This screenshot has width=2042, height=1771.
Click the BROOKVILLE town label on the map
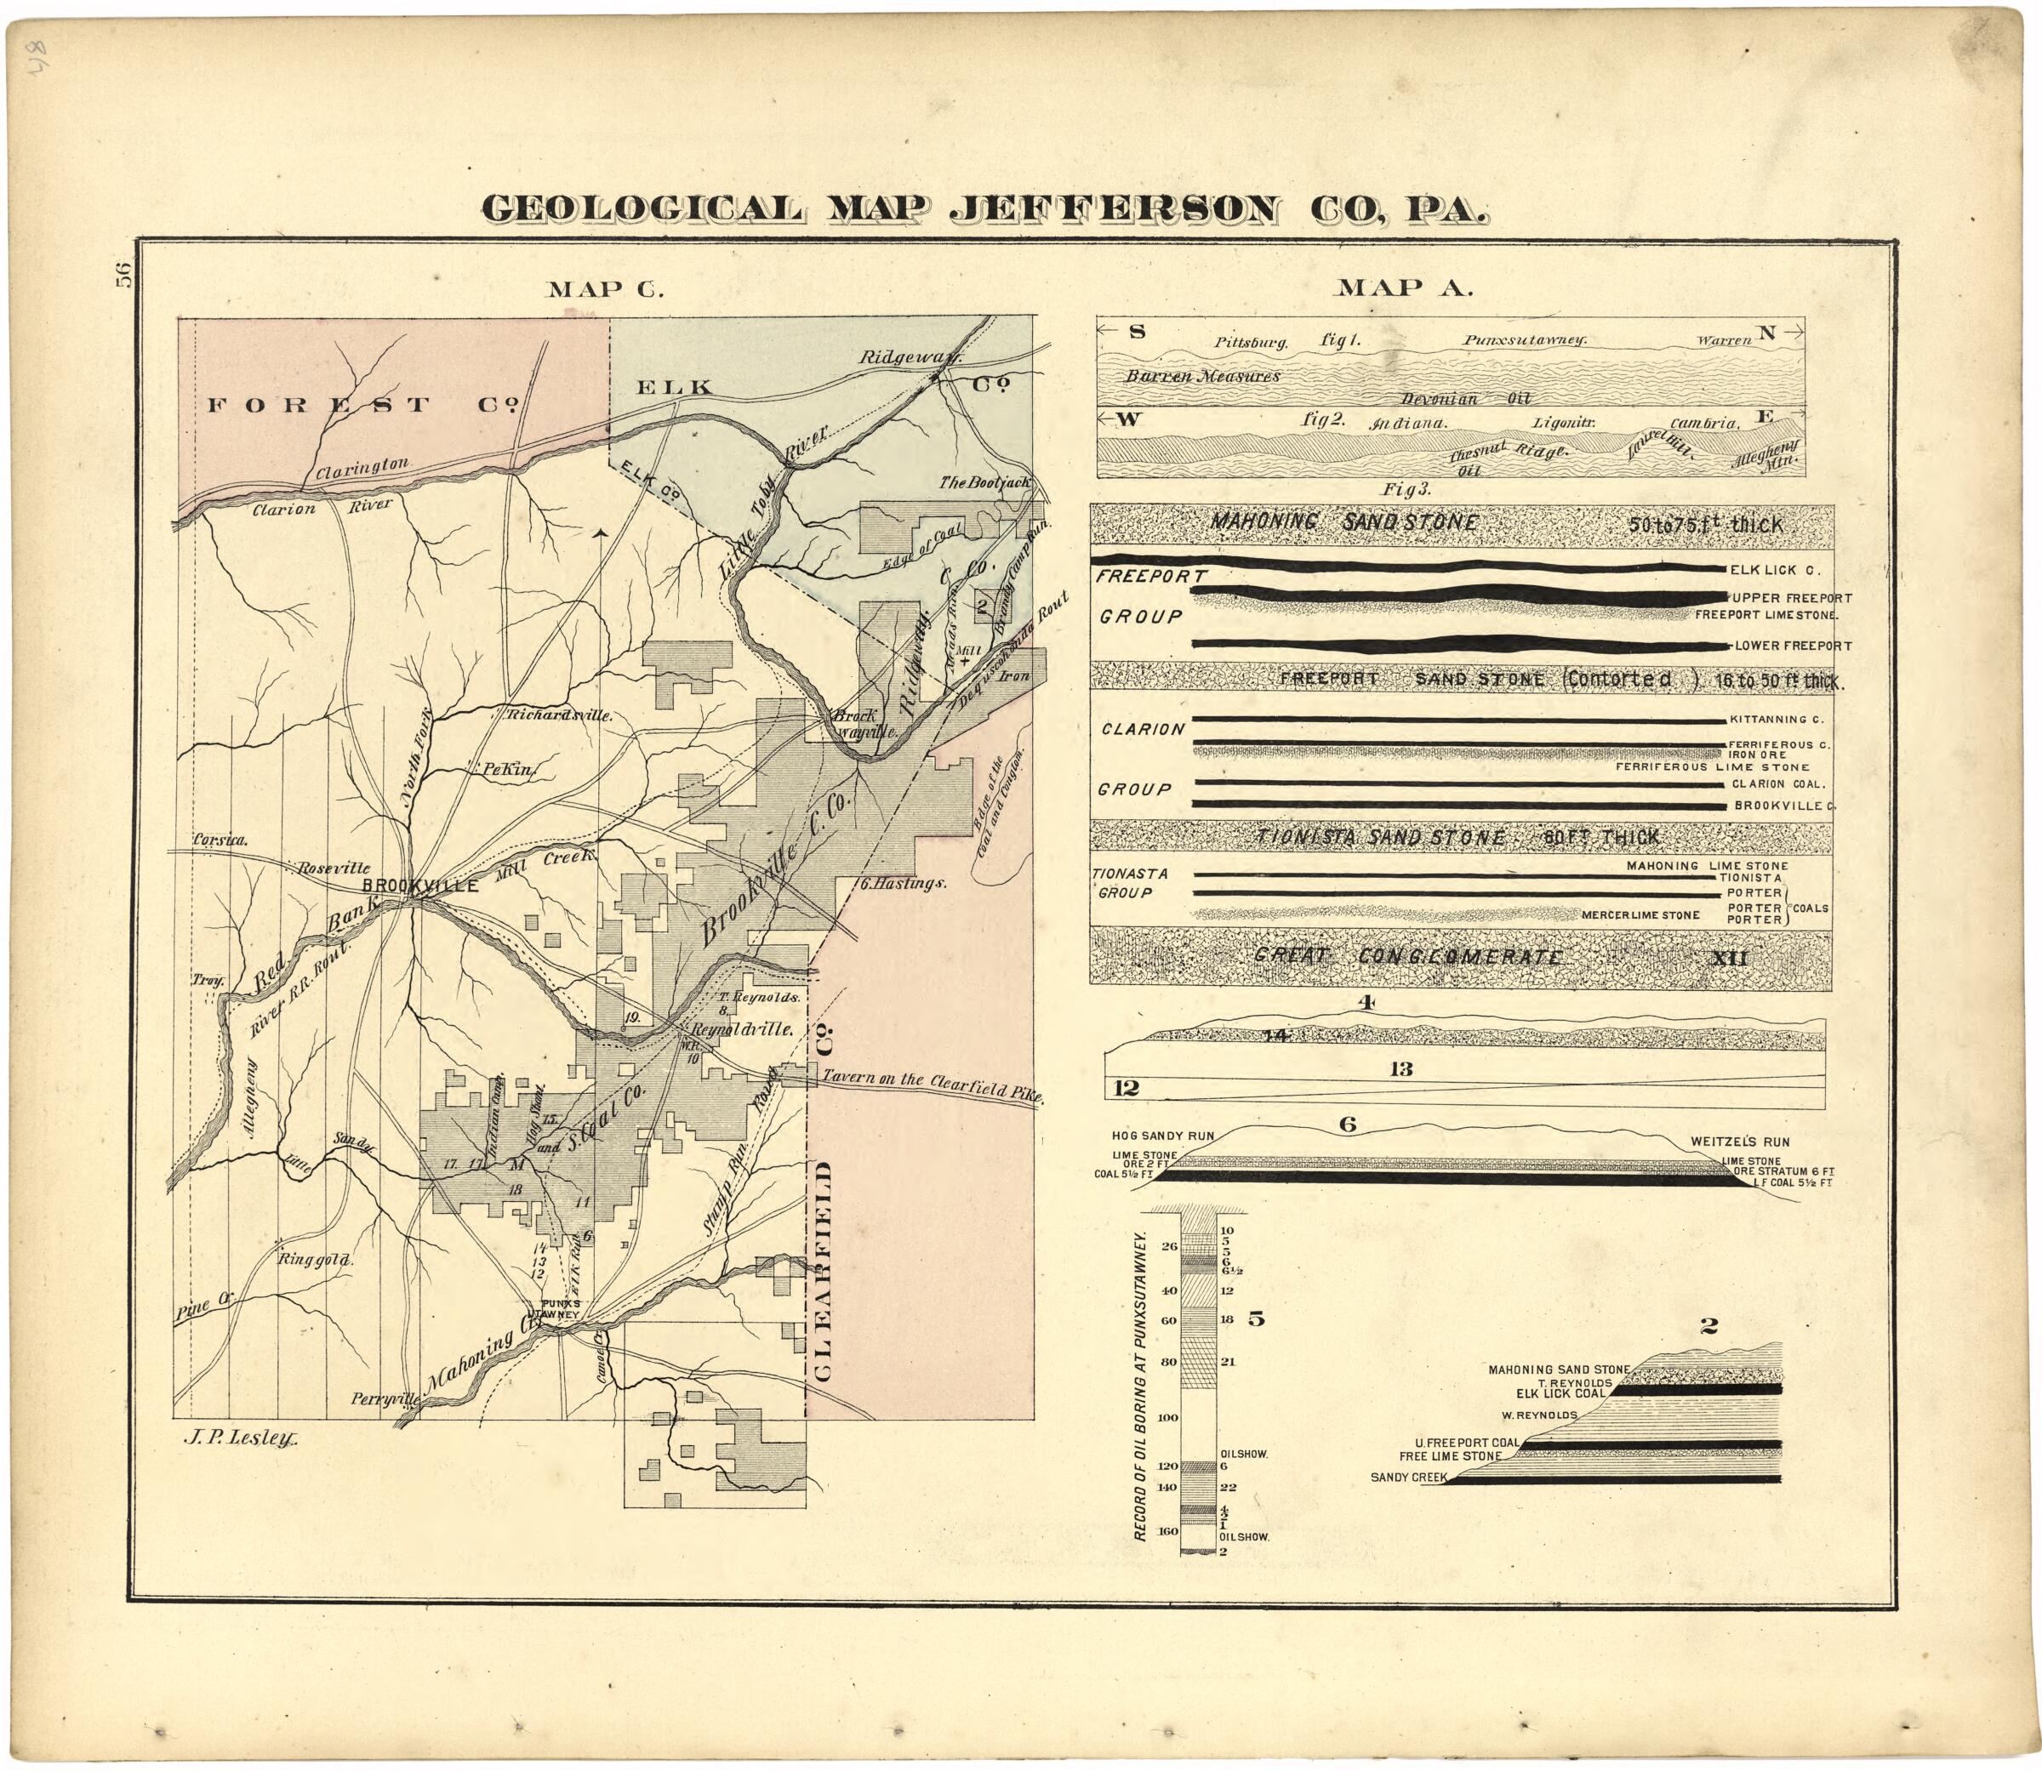point(420,885)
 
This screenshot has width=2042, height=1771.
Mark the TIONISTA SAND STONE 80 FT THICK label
point(1457,837)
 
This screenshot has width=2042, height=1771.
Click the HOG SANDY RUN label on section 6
point(1162,1136)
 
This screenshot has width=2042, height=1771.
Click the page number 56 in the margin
point(123,276)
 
